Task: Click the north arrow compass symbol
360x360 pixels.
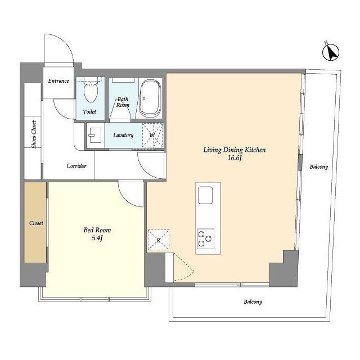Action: coord(331,52)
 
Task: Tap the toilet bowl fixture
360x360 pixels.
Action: coord(91,91)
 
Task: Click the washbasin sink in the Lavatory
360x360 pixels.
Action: coord(95,135)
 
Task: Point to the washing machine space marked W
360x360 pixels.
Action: coord(152,136)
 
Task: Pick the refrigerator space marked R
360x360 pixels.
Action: coord(159,240)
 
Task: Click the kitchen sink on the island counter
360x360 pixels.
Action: coord(205,195)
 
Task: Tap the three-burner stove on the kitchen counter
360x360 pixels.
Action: coord(205,238)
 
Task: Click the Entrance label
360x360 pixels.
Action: coord(58,81)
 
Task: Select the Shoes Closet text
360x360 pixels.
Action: coord(34,134)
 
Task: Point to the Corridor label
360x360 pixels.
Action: coord(76,166)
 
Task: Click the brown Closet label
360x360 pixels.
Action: coord(36,223)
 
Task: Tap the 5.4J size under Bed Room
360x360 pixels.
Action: coord(97,238)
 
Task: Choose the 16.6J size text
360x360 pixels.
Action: coord(235,158)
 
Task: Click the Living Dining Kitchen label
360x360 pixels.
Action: coord(235,150)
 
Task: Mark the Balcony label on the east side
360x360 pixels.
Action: coord(319,167)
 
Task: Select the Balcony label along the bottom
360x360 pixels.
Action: coord(253,301)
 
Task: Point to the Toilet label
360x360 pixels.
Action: coord(90,112)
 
